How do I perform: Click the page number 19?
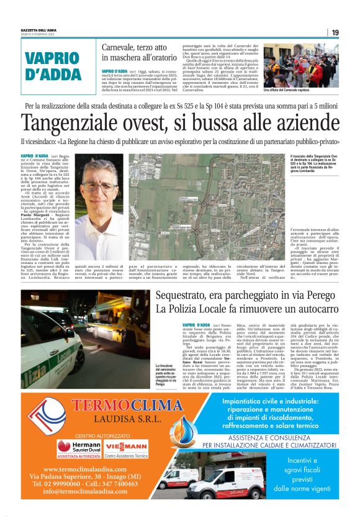(335, 32)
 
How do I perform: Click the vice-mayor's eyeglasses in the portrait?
(99, 186)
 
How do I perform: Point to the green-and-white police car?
(50, 348)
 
